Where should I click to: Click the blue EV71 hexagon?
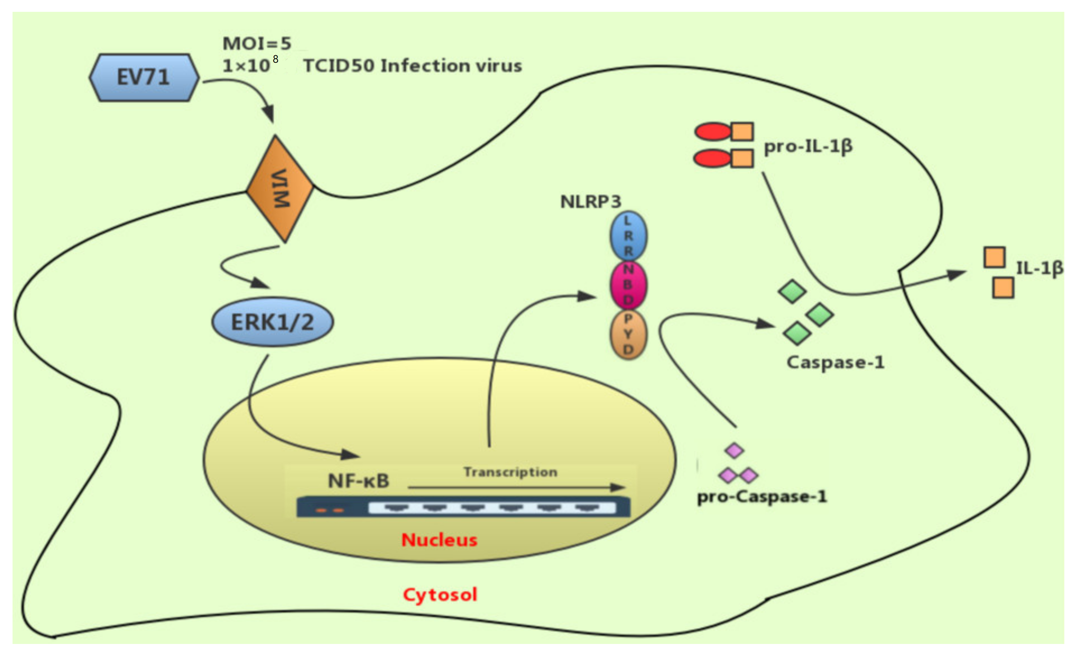(x=144, y=78)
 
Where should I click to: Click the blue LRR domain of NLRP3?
(x=628, y=236)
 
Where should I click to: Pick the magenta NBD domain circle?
(x=628, y=285)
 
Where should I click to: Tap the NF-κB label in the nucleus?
(x=358, y=481)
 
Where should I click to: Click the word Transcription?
(x=511, y=472)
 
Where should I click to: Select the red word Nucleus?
(x=439, y=540)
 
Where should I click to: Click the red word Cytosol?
(x=440, y=594)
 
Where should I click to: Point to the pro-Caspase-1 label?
(x=762, y=497)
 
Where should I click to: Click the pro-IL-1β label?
(x=808, y=146)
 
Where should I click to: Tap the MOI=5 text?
(x=257, y=43)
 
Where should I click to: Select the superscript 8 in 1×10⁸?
(x=275, y=59)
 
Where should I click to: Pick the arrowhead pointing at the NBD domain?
(x=587, y=297)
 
